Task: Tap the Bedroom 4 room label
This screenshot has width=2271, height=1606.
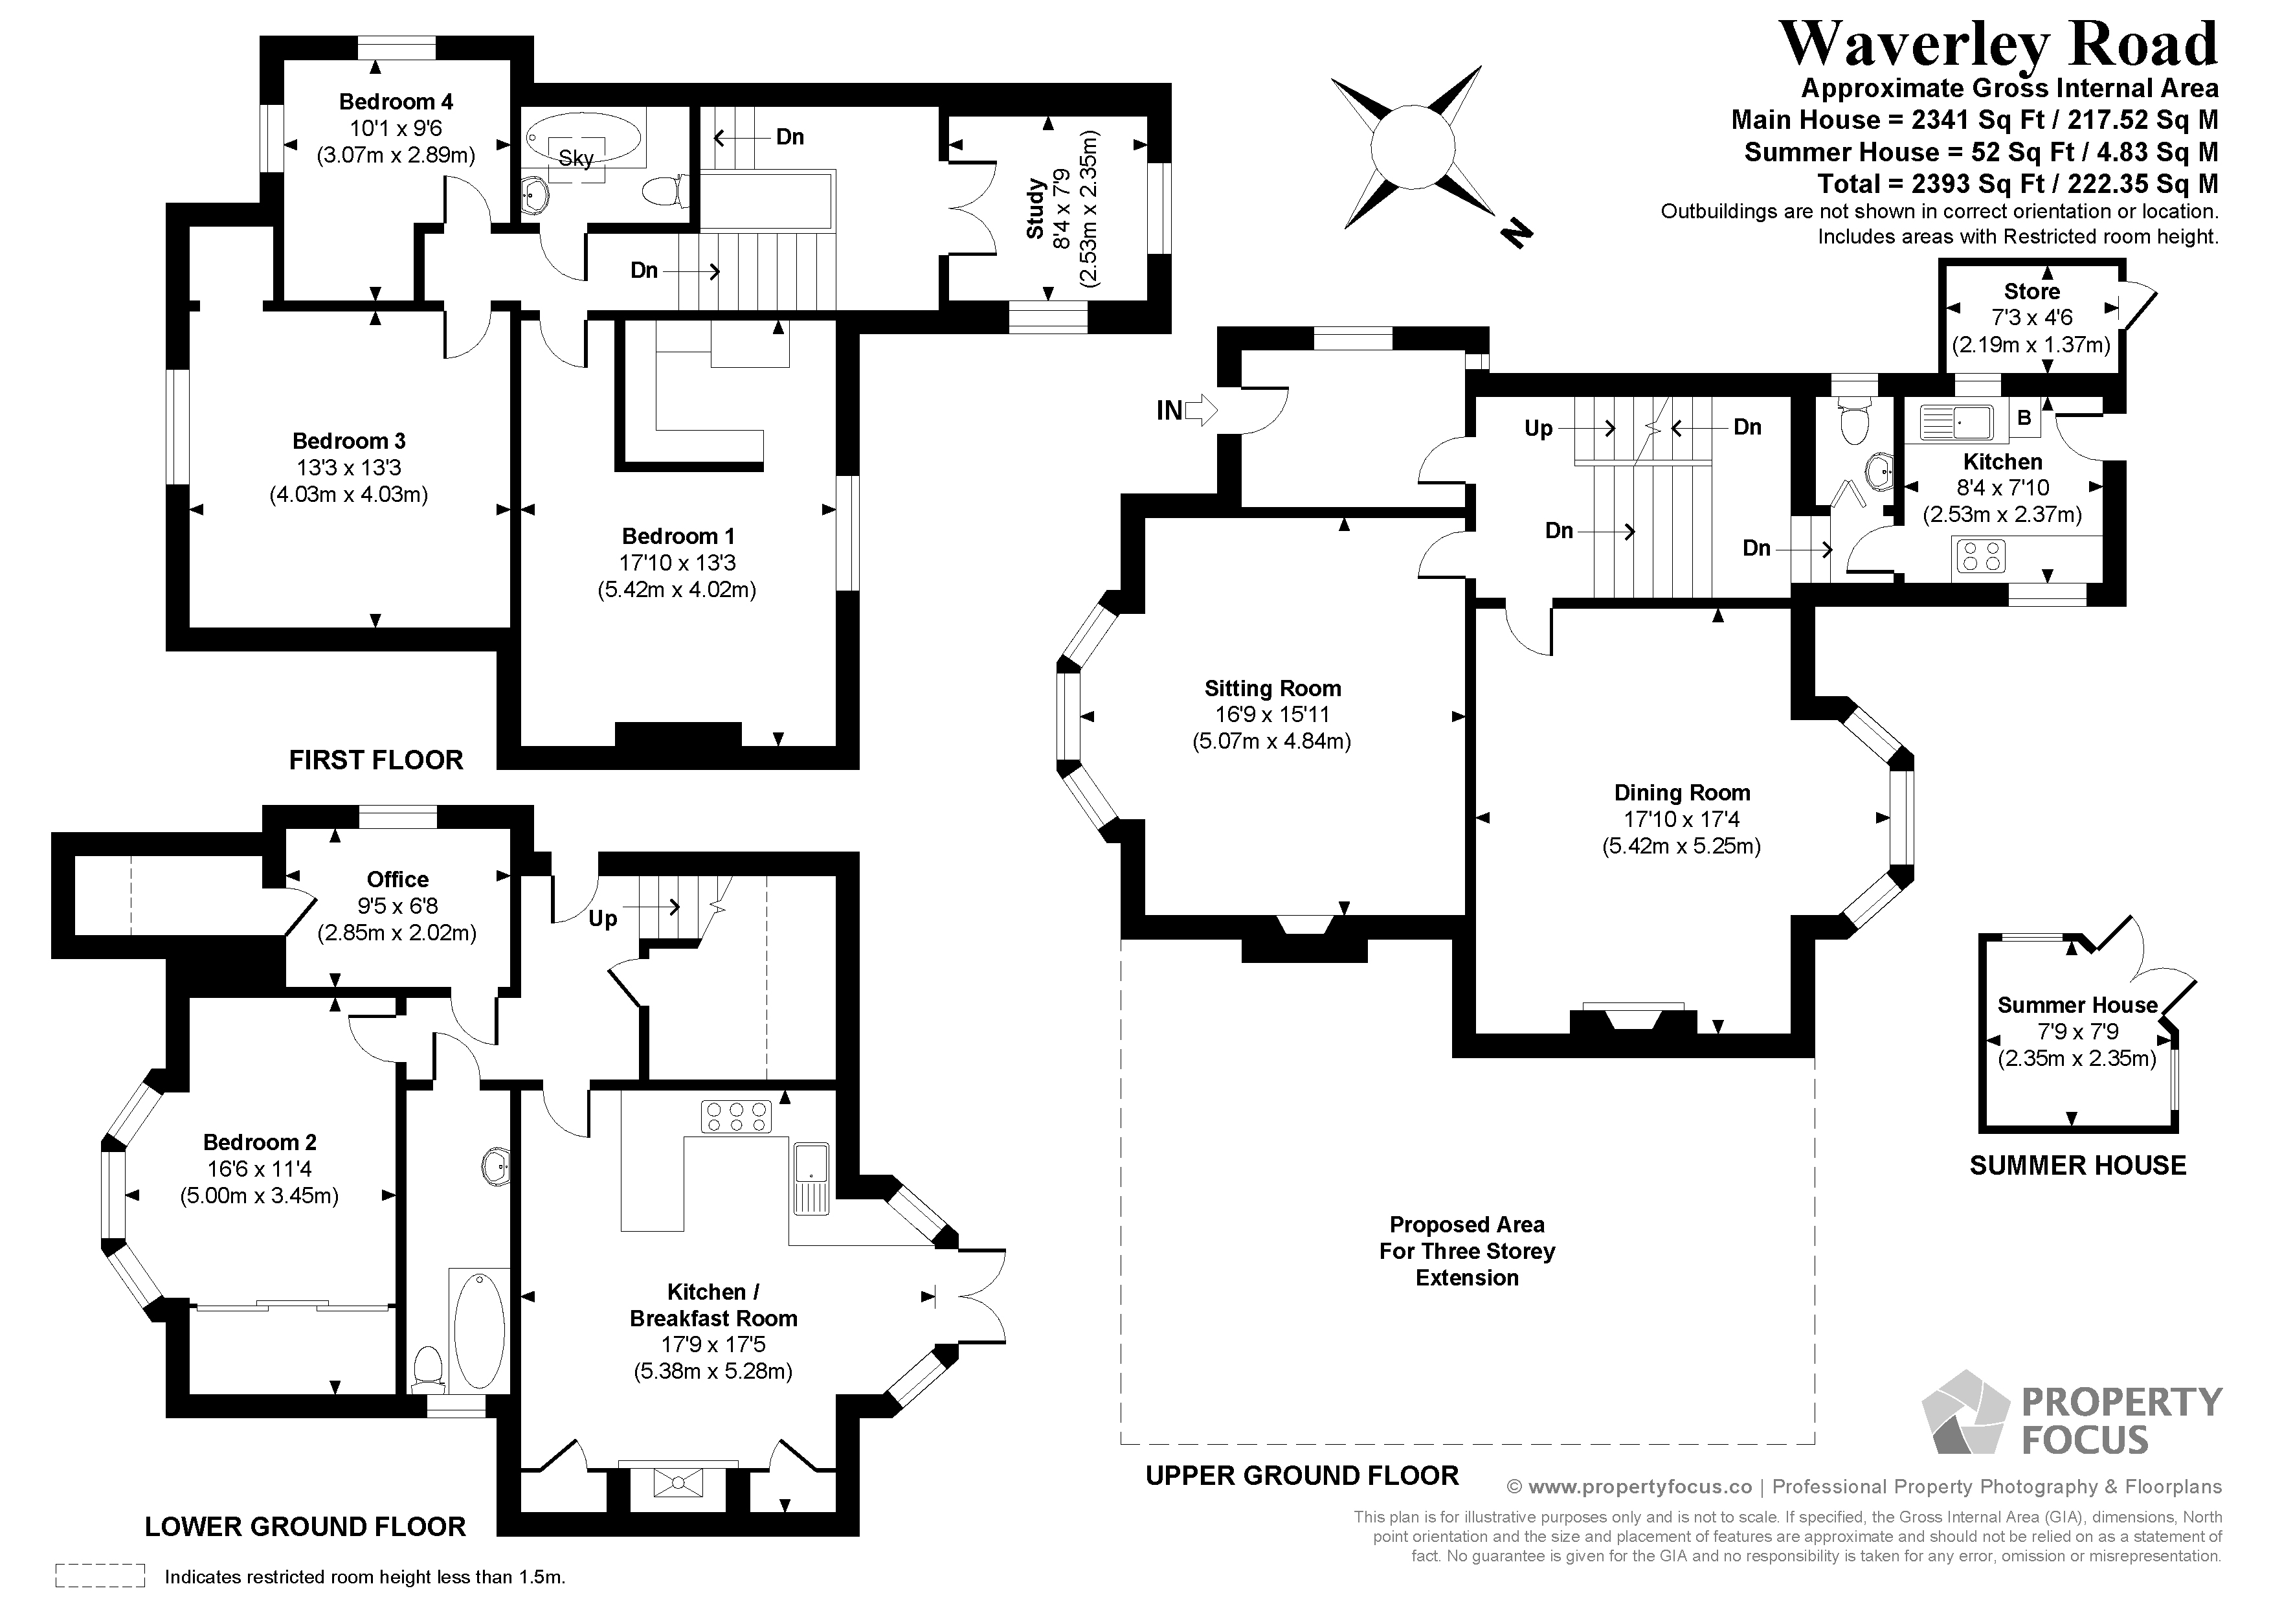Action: [396, 102]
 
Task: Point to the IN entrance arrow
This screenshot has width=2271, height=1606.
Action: [1185, 410]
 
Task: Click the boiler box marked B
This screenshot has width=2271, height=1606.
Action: [2024, 418]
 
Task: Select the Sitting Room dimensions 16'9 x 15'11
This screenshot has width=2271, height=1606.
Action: [1272, 714]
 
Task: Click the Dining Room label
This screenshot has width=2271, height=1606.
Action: [1681, 793]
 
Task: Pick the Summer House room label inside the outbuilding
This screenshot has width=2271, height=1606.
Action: [2077, 1005]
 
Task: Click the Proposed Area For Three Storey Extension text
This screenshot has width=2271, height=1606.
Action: [1467, 1250]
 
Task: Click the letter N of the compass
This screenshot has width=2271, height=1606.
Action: [1516, 234]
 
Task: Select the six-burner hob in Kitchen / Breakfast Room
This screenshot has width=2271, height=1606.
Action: [736, 1117]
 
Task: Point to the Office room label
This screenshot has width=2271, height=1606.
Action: [397, 879]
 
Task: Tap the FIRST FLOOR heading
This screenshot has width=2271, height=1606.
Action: [376, 760]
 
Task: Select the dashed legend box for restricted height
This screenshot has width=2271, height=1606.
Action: [100, 1576]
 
